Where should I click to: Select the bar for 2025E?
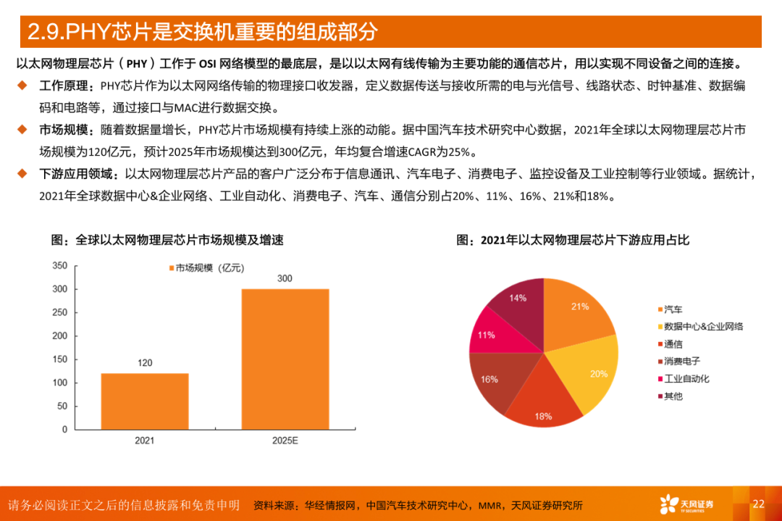pos(285,359)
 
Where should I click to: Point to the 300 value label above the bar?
pos(285,278)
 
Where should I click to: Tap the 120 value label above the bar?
pos(145,362)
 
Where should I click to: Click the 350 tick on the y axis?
pos(59,266)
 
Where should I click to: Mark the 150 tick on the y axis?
pos(59,359)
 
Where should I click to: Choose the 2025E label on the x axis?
pos(285,441)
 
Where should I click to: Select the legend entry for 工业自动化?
pos(686,378)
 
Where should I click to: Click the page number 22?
pos(758,504)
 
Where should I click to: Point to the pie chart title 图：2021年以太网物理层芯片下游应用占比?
pos(572,240)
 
